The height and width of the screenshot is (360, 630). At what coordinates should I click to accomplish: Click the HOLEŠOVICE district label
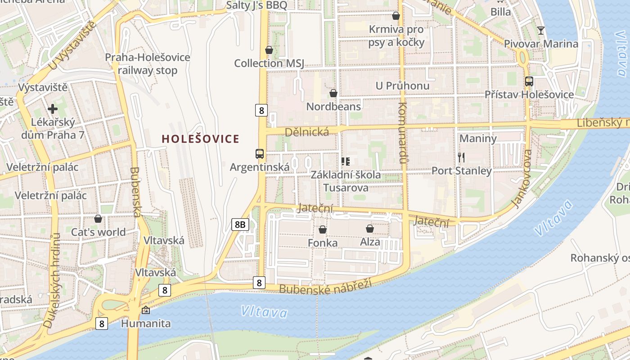click(200, 139)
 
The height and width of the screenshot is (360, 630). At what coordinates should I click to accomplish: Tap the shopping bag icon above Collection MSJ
click(269, 50)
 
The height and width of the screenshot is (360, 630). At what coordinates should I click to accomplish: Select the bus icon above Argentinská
click(260, 154)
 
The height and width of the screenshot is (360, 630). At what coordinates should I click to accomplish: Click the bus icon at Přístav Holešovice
click(529, 81)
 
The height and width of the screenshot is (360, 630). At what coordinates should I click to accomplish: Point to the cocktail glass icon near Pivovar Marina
click(540, 31)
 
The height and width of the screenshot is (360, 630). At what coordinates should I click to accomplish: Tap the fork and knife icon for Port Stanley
click(461, 157)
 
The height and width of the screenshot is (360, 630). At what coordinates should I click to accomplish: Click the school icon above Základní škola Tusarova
click(346, 161)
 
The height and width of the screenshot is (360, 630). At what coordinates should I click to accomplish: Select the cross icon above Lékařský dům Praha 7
click(53, 109)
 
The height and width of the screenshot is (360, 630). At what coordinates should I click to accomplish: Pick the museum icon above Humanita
click(146, 310)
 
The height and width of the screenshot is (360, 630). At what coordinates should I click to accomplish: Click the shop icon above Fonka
click(323, 229)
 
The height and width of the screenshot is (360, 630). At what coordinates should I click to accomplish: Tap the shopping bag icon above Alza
click(370, 229)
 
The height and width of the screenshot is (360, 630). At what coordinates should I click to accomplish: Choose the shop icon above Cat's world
click(98, 219)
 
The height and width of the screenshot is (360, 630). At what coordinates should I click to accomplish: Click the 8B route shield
click(240, 224)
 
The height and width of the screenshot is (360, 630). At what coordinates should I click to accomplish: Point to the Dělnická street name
click(306, 131)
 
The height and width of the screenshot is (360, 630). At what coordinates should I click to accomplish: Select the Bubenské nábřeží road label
click(326, 286)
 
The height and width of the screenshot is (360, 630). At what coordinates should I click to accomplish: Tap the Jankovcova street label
click(522, 179)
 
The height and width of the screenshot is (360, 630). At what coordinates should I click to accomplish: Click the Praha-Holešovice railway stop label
click(148, 64)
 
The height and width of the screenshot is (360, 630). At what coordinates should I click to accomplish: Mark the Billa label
click(501, 12)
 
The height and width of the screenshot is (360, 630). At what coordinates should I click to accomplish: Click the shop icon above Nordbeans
click(333, 93)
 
